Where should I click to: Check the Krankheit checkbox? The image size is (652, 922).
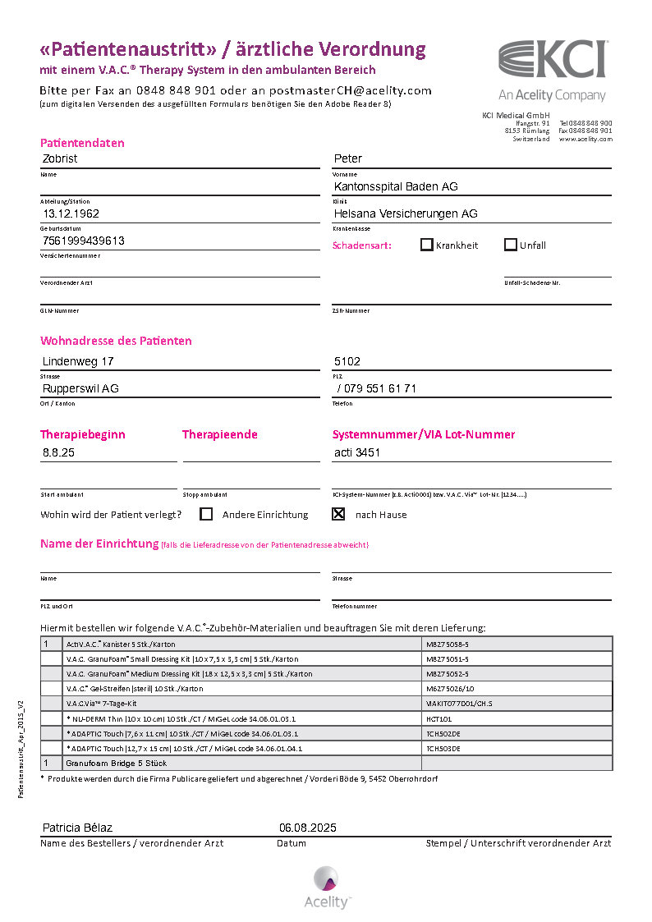[x=427, y=245]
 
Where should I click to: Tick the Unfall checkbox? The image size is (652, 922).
[x=511, y=245]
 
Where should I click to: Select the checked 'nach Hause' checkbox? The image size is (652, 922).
[x=337, y=515]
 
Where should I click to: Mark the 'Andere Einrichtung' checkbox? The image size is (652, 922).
[x=206, y=515]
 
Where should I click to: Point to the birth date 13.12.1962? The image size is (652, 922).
[x=71, y=213]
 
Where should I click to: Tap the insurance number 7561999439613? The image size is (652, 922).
[x=84, y=241]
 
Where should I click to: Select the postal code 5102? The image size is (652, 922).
[x=347, y=361]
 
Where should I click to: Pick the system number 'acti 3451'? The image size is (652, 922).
[x=357, y=452]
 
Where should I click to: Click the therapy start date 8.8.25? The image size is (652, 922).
[x=58, y=452]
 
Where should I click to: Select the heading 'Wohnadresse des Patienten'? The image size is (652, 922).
[x=116, y=341]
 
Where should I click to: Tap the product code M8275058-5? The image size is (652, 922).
[x=448, y=644]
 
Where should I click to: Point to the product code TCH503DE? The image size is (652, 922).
[x=443, y=749]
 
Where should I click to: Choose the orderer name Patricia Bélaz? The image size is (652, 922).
[x=77, y=828]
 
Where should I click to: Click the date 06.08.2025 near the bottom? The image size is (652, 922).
[x=308, y=828]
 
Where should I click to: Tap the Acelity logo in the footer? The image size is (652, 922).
[x=326, y=887]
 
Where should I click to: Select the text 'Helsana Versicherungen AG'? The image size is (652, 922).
[x=406, y=213]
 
